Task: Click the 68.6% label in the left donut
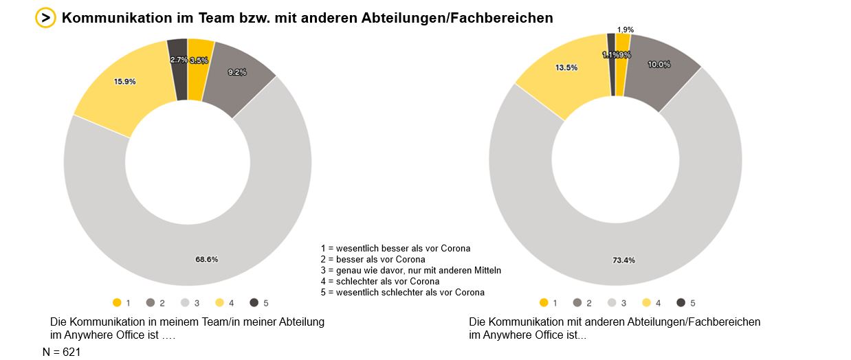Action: click(x=207, y=259)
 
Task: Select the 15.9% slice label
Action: click(x=125, y=81)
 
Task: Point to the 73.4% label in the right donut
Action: click(x=623, y=260)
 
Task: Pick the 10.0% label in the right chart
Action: click(x=659, y=64)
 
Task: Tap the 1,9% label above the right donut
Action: click(x=626, y=30)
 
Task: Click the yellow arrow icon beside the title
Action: click(x=45, y=18)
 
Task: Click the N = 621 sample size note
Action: click(x=62, y=352)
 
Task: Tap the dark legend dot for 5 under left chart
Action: click(x=254, y=302)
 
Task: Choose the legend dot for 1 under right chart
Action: click(x=544, y=302)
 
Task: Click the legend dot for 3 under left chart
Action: click(x=185, y=302)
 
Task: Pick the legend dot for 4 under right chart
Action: click(x=647, y=302)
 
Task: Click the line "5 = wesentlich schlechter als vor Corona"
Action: click(x=402, y=292)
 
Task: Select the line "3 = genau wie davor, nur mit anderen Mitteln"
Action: click(x=410, y=270)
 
